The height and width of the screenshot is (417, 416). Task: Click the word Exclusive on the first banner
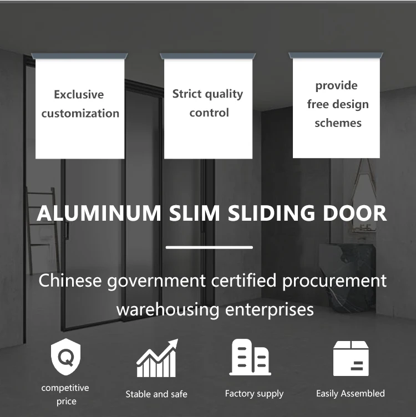79,94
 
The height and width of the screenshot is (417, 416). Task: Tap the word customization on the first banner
80,113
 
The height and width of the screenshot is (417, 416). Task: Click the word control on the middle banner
209,113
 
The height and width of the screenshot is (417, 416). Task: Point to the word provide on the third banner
336,85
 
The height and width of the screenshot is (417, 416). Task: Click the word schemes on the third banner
338,123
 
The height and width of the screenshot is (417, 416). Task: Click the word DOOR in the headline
355,213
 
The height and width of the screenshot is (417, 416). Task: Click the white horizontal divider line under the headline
209,247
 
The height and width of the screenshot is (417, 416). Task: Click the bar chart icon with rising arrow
158,359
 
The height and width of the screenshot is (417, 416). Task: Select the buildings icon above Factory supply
251,357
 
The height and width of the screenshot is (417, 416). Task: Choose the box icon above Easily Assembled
351,358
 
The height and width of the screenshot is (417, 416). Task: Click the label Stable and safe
156,394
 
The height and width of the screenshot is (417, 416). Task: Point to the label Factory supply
254,394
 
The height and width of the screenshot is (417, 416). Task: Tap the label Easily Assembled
350,394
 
